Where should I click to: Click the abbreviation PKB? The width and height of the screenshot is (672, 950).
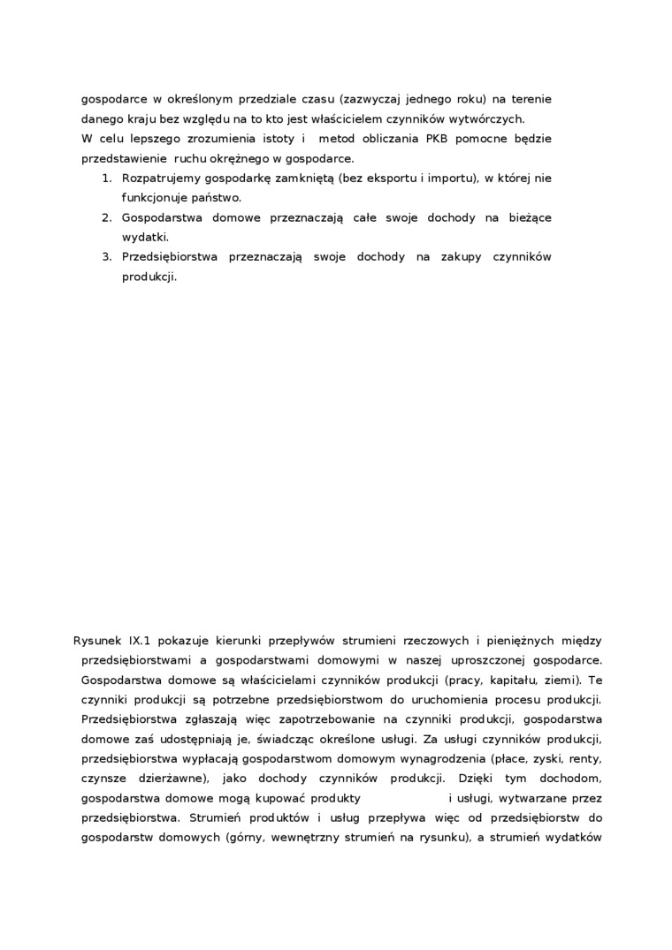tap(437, 139)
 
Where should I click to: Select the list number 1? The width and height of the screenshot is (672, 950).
tap(106, 179)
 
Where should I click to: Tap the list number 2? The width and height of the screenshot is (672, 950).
tap(106, 217)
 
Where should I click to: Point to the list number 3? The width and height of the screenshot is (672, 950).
tap(106, 257)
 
